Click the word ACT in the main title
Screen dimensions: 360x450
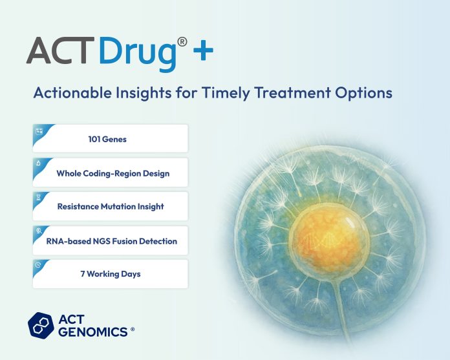(61, 50)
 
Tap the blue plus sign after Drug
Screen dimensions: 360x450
(203, 52)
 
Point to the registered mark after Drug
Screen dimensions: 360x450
(183, 41)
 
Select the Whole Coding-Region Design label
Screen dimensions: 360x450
(113, 173)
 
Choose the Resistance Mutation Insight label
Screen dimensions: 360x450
(111, 207)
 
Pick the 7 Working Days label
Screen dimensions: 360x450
(110, 275)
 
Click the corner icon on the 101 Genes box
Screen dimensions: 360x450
(38, 130)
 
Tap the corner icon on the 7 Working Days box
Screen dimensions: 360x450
(38, 265)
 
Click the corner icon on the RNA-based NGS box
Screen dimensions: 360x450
(38, 231)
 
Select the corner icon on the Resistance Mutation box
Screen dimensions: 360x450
(38, 197)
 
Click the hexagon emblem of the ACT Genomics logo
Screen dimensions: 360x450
(41, 325)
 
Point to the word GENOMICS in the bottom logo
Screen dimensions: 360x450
(93, 331)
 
